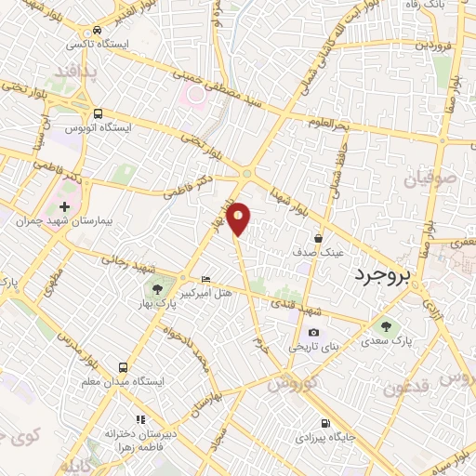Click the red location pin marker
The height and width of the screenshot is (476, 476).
[x=240, y=218]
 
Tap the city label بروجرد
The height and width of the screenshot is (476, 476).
[x=380, y=276]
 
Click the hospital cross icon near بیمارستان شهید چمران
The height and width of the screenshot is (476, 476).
[x=64, y=206]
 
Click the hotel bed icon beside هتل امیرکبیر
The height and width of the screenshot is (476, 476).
[x=205, y=280]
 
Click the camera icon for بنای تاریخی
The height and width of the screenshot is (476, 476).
[x=313, y=333]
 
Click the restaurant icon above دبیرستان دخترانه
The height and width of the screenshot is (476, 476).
[x=140, y=419]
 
